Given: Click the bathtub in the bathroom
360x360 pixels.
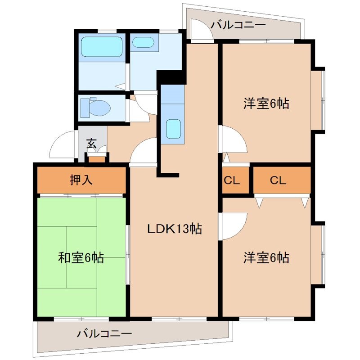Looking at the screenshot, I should pos(102,46).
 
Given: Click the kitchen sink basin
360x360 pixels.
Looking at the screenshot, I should pos(173,129).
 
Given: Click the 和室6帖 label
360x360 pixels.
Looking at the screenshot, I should pos(81,258).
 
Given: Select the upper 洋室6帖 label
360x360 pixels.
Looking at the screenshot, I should pos(266,104).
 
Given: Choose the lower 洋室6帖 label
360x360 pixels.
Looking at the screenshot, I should pos(266,258).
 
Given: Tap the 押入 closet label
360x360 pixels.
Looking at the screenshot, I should pos(81,180).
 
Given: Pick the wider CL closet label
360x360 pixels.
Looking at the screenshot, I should pos(278,180).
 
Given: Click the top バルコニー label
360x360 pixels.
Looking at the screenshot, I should pos(238,25).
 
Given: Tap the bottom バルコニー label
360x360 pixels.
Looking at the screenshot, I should pos(104,334).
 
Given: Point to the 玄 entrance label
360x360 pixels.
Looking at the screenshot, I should pos(91,144).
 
